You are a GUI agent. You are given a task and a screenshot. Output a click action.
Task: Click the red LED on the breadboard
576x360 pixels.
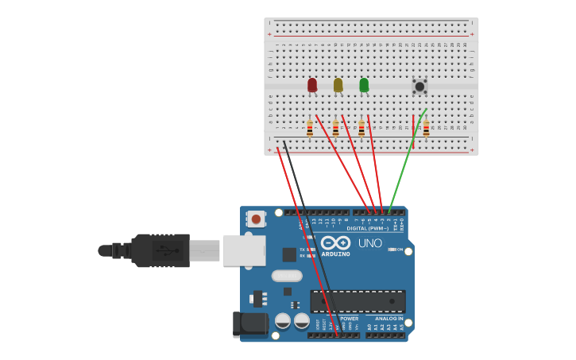click(312, 84)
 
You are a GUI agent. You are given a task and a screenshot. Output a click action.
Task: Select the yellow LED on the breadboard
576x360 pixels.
click(338, 84)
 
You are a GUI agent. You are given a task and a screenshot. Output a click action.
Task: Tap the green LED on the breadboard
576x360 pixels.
click(364, 84)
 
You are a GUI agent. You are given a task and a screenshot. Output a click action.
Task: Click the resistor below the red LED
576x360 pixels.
click(310, 128)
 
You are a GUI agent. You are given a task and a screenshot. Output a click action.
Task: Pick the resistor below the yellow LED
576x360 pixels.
click(335, 128)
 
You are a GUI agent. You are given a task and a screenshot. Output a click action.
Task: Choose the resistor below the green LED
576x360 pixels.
click(361, 128)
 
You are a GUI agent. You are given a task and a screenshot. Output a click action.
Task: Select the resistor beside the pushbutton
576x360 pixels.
click(426, 128)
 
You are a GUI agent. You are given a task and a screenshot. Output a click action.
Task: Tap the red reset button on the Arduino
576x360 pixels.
click(256, 219)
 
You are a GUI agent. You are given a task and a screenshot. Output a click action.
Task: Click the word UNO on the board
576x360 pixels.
click(369, 243)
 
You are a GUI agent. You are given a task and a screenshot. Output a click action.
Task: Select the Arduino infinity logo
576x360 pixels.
click(335, 242)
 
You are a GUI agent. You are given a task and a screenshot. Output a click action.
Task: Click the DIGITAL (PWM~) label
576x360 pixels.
click(368, 228)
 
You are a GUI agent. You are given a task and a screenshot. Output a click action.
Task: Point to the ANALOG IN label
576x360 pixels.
click(389, 318)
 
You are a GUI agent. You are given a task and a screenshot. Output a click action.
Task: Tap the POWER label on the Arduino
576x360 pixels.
click(350, 318)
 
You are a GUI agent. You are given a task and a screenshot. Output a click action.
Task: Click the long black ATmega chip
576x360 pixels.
click(358, 301)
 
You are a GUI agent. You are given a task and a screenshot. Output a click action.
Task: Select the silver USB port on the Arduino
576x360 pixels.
click(243, 250)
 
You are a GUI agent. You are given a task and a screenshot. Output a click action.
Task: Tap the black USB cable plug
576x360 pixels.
click(159, 250)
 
